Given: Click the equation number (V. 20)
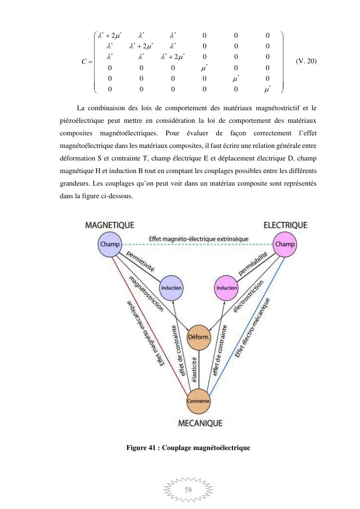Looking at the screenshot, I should (306, 61).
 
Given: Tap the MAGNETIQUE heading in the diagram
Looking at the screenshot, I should (110, 225).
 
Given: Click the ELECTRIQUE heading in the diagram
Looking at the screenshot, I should (285, 225).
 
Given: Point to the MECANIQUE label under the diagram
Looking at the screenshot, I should (201, 423).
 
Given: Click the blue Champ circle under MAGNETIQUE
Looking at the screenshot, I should (110, 244).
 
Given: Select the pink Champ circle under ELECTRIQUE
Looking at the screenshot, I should (285, 244).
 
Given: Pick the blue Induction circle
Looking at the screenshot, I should (171, 288).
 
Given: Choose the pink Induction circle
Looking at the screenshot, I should (226, 288).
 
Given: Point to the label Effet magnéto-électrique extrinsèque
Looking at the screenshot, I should (199, 239).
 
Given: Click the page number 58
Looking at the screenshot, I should (188, 490).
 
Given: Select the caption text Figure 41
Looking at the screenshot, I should (143, 448).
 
